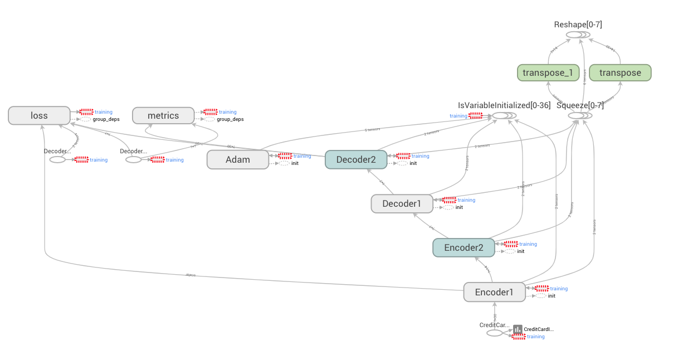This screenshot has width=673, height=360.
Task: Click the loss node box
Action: tap(39, 115)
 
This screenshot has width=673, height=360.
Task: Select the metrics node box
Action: tap(163, 115)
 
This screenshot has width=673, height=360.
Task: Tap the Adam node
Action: tap(238, 159)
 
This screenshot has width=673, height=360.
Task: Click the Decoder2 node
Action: tap(355, 159)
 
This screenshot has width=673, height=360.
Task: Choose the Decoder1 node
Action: tap(402, 203)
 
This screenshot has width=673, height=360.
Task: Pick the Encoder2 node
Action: tap(464, 247)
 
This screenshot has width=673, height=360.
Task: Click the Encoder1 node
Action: tap(494, 292)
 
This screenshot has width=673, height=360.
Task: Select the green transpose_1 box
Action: tap(548, 72)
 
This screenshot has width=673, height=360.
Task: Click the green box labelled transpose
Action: tap(620, 72)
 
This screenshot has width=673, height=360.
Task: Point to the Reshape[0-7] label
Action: tap(578, 25)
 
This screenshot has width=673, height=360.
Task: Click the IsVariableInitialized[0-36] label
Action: tap(504, 105)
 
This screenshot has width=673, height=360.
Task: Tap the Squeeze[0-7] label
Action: tap(580, 105)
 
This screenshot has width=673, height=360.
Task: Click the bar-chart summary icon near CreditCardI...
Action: tap(518, 329)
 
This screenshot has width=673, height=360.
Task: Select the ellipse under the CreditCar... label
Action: tap(494, 333)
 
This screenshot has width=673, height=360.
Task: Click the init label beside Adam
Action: tap(295, 163)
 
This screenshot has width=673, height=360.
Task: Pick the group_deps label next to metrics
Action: tap(230, 119)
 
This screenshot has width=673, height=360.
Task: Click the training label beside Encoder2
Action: tap(528, 244)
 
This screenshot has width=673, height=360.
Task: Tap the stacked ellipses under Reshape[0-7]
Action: tap(577, 35)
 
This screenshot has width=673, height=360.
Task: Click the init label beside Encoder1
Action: tap(551, 296)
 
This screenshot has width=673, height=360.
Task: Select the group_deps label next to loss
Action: tap(106, 119)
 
